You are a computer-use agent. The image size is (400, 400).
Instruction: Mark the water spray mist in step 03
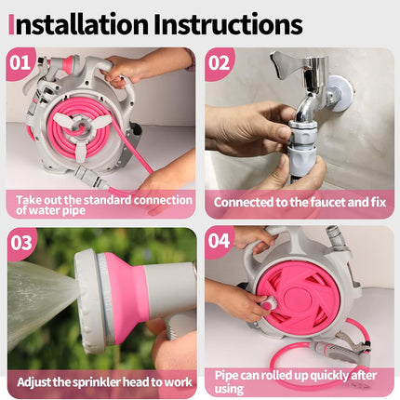coord(37,298)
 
